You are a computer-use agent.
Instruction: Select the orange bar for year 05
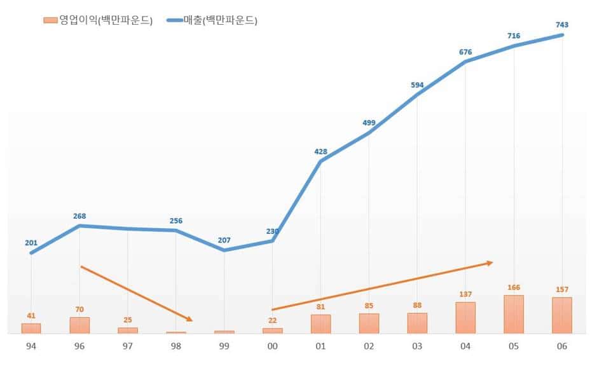(x=514, y=315)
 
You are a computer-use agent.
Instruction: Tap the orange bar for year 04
(x=465, y=318)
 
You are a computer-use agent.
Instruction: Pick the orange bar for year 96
(x=79, y=325)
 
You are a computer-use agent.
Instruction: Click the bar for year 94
(x=31, y=329)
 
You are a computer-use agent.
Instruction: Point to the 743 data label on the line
(x=562, y=25)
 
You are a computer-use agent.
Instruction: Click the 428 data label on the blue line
(x=320, y=151)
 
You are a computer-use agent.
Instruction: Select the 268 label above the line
(x=79, y=216)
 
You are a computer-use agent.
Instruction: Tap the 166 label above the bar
(x=514, y=287)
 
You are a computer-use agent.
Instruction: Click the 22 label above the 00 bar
(x=272, y=320)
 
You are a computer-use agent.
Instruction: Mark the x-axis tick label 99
(x=224, y=346)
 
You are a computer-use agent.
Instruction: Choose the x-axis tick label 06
(x=562, y=346)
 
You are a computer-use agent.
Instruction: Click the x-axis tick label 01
(x=320, y=346)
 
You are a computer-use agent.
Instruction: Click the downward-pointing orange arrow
(x=136, y=293)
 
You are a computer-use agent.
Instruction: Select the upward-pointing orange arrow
(x=381, y=286)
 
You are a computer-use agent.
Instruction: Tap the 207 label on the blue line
(x=224, y=240)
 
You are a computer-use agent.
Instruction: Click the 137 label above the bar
(x=465, y=294)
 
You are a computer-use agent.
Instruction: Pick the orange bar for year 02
(x=369, y=324)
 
